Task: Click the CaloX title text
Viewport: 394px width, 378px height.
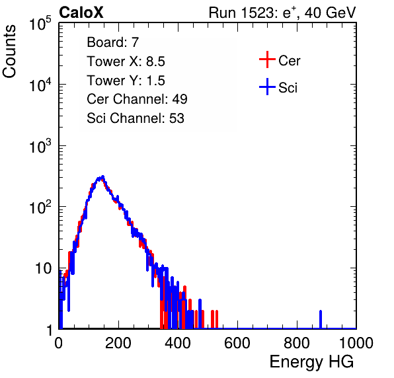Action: point(81,13)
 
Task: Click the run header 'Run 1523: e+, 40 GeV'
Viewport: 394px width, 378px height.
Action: point(282,13)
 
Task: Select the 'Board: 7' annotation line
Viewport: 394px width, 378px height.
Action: point(112,42)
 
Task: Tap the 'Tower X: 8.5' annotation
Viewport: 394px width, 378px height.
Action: point(126,61)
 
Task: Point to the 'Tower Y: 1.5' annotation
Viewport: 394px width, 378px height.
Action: point(126,81)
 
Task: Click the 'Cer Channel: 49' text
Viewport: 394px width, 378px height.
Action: point(137,99)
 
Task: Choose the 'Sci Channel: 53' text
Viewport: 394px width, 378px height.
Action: point(136,118)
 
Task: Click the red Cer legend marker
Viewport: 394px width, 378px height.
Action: point(267,59)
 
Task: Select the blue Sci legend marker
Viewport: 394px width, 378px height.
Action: point(267,87)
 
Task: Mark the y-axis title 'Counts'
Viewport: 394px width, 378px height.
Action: point(9,52)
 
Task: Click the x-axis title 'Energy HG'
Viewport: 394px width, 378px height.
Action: point(311,362)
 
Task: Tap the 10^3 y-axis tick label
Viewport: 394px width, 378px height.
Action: point(40,146)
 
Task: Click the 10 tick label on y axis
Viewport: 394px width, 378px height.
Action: point(43,269)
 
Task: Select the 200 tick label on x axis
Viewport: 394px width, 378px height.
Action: point(118,343)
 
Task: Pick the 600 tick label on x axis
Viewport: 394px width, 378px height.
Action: point(237,343)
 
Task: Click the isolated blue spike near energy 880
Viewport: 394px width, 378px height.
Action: point(321,319)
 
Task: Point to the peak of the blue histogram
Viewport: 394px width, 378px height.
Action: point(102,176)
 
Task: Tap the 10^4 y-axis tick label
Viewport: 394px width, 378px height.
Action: point(40,85)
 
